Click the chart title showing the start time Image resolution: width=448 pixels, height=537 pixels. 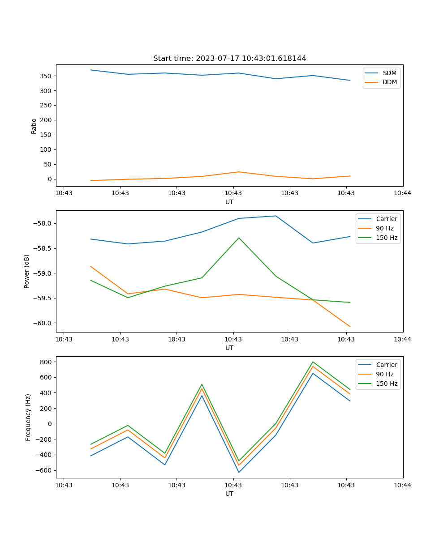point(229,59)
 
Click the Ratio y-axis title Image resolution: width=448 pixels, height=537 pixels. point(34,126)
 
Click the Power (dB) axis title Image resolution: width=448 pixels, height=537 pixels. point(27,271)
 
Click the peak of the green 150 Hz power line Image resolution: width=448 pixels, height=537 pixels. point(239,238)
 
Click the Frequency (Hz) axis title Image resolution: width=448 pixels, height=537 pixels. point(28,417)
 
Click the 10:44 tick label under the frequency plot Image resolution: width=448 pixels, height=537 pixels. point(402,485)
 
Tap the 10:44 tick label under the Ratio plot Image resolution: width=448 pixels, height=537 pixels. point(402,193)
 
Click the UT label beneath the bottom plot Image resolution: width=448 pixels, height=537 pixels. point(229,494)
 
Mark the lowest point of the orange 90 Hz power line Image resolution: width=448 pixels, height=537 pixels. point(350,327)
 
